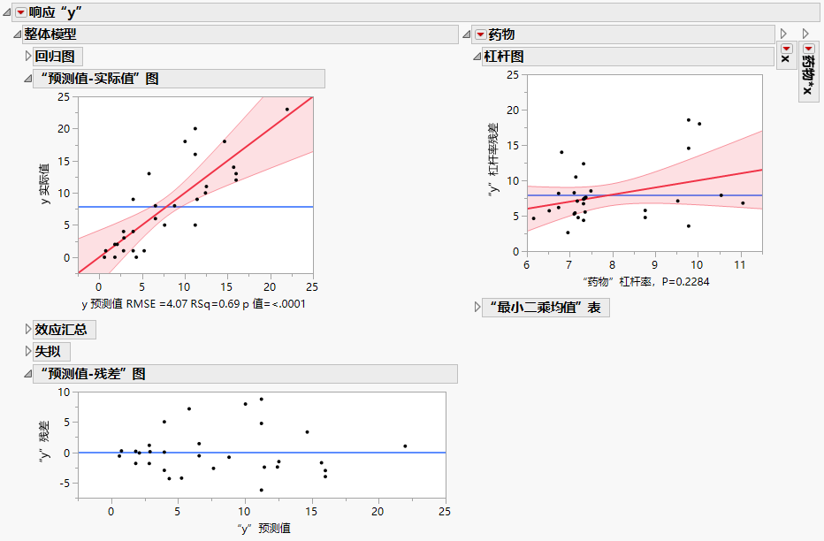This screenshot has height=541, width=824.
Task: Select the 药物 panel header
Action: coord(501,34)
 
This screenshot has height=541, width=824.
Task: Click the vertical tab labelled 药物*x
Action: coord(808,75)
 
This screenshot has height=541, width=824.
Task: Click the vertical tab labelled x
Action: coord(784,57)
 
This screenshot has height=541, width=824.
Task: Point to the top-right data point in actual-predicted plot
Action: coord(286,110)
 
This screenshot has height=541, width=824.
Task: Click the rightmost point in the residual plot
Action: coord(405,446)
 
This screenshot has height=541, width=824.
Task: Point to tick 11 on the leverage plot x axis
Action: coord(740,264)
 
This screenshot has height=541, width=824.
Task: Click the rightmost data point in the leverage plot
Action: coord(743,203)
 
